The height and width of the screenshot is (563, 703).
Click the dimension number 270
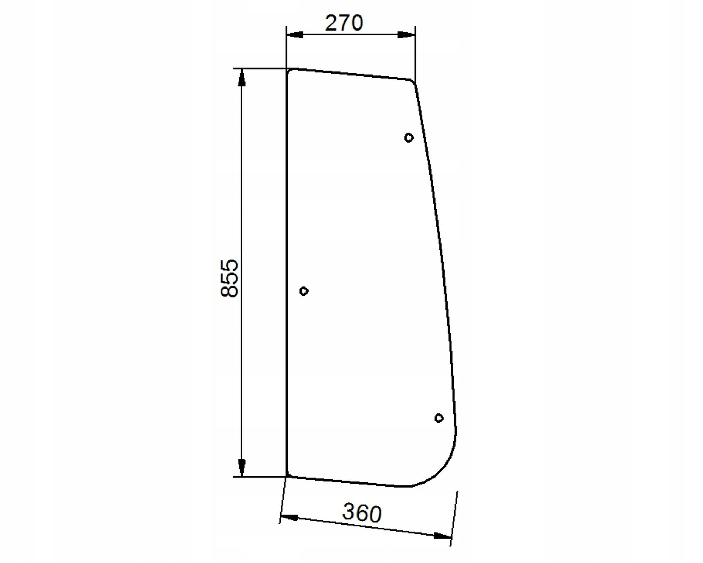pyautogui.click(x=344, y=23)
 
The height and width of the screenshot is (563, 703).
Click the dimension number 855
pyautogui.click(x=229, y=278)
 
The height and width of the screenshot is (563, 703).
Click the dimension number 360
pyautogui.click(x=362, y=513)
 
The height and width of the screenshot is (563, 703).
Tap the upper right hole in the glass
pyautogui.click(x=409, y=138)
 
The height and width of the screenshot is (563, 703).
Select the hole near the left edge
pyautogui.click(x=303, y=291)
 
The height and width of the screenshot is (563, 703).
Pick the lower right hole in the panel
pyautogui.click(x=439, y=418)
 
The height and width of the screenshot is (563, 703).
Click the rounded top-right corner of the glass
pyautogui.click(x=412, y=82)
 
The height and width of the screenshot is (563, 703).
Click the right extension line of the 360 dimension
pyautogui.click(x=454, y=519)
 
